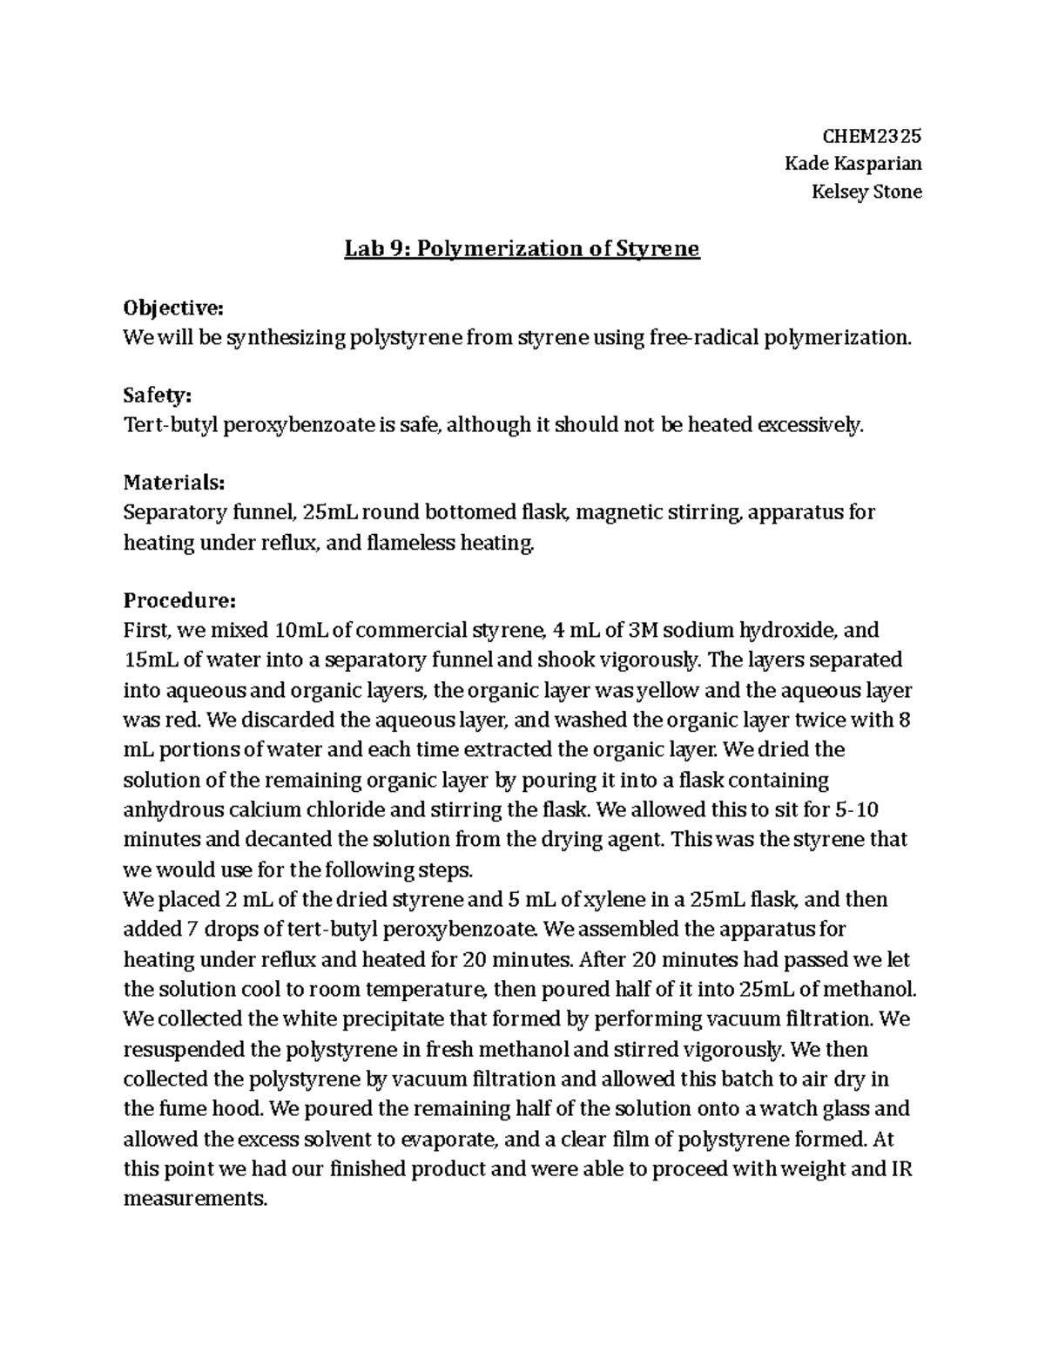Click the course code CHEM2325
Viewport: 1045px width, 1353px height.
coord(872,136)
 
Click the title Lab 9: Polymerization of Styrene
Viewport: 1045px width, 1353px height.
coord(522,249)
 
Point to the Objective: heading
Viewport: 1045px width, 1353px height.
coord(173,308)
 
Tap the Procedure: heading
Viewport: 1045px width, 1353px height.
coord(179,601)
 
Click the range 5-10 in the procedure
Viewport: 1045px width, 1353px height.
coord(856,809)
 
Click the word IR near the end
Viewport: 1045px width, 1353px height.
coord(901,1168)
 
